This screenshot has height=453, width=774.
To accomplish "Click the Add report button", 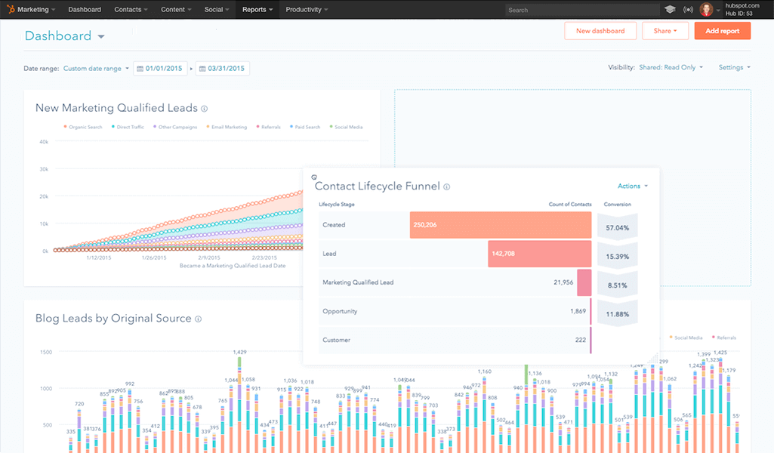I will (x=722, y=31).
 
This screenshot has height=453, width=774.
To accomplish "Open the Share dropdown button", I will (x=665, y=31).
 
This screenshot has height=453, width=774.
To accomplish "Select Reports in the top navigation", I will (x=257, y=10).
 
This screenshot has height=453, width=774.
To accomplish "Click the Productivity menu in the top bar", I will (x=307, y=10).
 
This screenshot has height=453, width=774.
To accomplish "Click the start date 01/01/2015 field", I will (x=161, y=69).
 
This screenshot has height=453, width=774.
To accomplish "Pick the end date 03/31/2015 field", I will (x=223, y=69).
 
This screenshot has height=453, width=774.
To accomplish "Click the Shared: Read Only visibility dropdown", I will (x=671, y=67).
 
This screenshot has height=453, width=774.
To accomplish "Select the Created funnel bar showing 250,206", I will (x=501, y=225).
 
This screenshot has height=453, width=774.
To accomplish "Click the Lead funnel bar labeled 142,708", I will (x=539, y=254).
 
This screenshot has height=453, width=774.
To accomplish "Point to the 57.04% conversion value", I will (x=617, y=226).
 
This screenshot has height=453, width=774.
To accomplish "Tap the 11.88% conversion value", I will (x=617, y=314).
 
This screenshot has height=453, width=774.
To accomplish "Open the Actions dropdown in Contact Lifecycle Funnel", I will (x=632, y=186).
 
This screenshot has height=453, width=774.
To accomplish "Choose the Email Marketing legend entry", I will (x=228, y=127).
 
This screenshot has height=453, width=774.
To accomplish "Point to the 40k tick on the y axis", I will (x=44, y=141).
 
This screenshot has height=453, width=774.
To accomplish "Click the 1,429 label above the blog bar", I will (x=240, y=353).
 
